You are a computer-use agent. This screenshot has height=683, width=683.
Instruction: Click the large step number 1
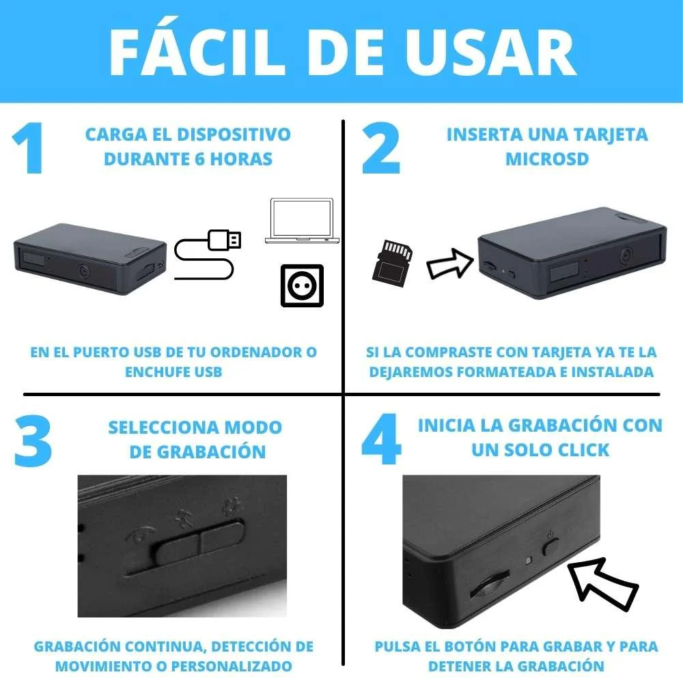(x=29, y=150)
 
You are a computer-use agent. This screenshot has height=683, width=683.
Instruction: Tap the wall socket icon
(x=302, y=285)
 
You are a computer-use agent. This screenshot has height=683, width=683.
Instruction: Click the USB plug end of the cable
(x=225, y=239)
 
